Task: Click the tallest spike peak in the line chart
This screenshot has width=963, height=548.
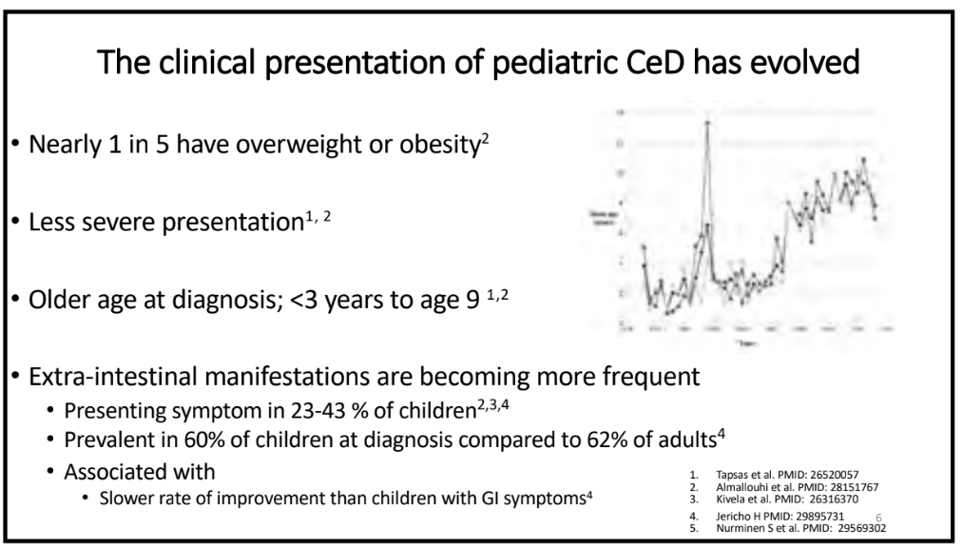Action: (x=707, y=123)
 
